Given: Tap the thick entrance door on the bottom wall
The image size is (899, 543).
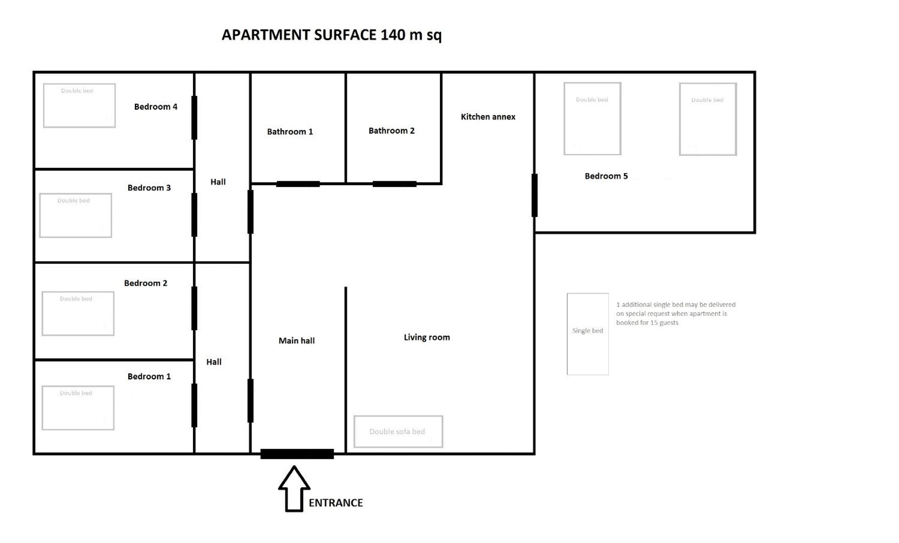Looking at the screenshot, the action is tap(297, 454).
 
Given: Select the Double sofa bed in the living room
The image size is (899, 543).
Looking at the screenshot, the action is tap(398, 431).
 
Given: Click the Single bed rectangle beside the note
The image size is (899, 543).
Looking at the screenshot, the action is tap(588, 334).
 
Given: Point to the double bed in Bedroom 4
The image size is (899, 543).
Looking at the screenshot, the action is tap(79, 105).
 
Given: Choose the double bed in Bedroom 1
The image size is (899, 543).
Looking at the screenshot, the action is tap(78, 408).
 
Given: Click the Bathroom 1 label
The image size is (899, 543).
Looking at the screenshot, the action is tap(290, 132).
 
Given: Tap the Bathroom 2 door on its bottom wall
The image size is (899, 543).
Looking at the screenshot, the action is tap(394, 184).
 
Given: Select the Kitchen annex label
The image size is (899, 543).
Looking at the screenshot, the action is tap(488, 117).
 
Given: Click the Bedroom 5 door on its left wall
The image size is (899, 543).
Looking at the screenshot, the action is tap(534, 196).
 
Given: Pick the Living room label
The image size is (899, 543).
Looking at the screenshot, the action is tap(427, 337).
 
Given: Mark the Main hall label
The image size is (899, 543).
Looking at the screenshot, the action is tap(296, 341).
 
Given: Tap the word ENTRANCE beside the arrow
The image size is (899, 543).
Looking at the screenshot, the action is tap(336, 502).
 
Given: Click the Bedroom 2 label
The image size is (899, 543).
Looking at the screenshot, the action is tap(145, 283).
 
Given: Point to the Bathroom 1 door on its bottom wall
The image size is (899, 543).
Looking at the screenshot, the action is tap(298, 184).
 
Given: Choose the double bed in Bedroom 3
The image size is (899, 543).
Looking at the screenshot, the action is tap(76, 215).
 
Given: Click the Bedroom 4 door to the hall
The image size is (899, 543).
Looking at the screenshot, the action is tap(194, 118).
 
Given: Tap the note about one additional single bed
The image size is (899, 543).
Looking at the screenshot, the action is tap(676, 313).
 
